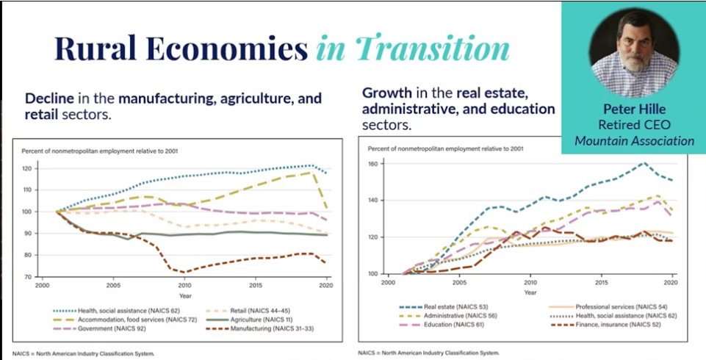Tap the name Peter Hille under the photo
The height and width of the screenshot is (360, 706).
click(633, 109)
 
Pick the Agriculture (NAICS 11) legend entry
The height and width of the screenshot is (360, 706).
click(251, 320)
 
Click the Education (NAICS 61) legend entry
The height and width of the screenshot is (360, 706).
click(441, 323)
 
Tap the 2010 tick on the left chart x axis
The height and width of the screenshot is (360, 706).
click(184, 285)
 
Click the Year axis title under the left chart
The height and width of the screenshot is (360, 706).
click(184, 295)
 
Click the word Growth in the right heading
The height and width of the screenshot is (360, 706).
click(386, 93)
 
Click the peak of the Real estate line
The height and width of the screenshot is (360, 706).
click(644, 163)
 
